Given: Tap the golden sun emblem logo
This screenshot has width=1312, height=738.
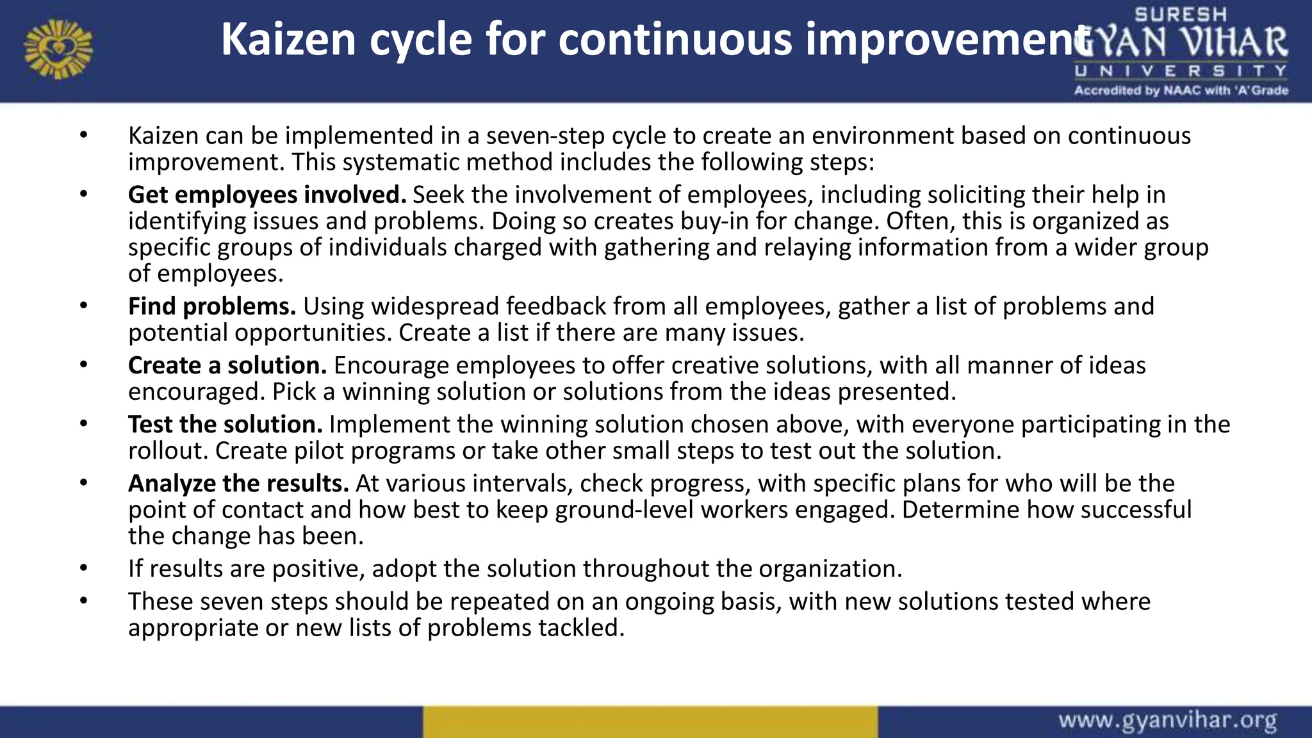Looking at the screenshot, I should [58, 49].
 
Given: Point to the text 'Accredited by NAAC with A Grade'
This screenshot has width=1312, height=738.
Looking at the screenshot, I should [1181, 91].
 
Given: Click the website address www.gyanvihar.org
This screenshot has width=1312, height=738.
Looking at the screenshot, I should [1167, 721].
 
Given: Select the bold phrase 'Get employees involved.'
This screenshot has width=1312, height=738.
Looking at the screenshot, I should [267, 195].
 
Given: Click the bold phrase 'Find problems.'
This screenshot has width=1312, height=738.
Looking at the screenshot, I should [212, 306].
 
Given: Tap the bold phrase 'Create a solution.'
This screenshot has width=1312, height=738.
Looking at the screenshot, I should [227, 365].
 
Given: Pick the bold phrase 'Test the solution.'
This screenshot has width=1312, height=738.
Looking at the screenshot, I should [225, 424].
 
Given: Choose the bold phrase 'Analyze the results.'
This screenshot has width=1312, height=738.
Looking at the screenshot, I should [238, 483].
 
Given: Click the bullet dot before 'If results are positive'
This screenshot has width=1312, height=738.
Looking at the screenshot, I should [83, 568].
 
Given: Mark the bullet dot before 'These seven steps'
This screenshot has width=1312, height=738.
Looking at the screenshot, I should [83, 601].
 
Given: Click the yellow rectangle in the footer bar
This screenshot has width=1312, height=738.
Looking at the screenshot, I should [650, 721].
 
